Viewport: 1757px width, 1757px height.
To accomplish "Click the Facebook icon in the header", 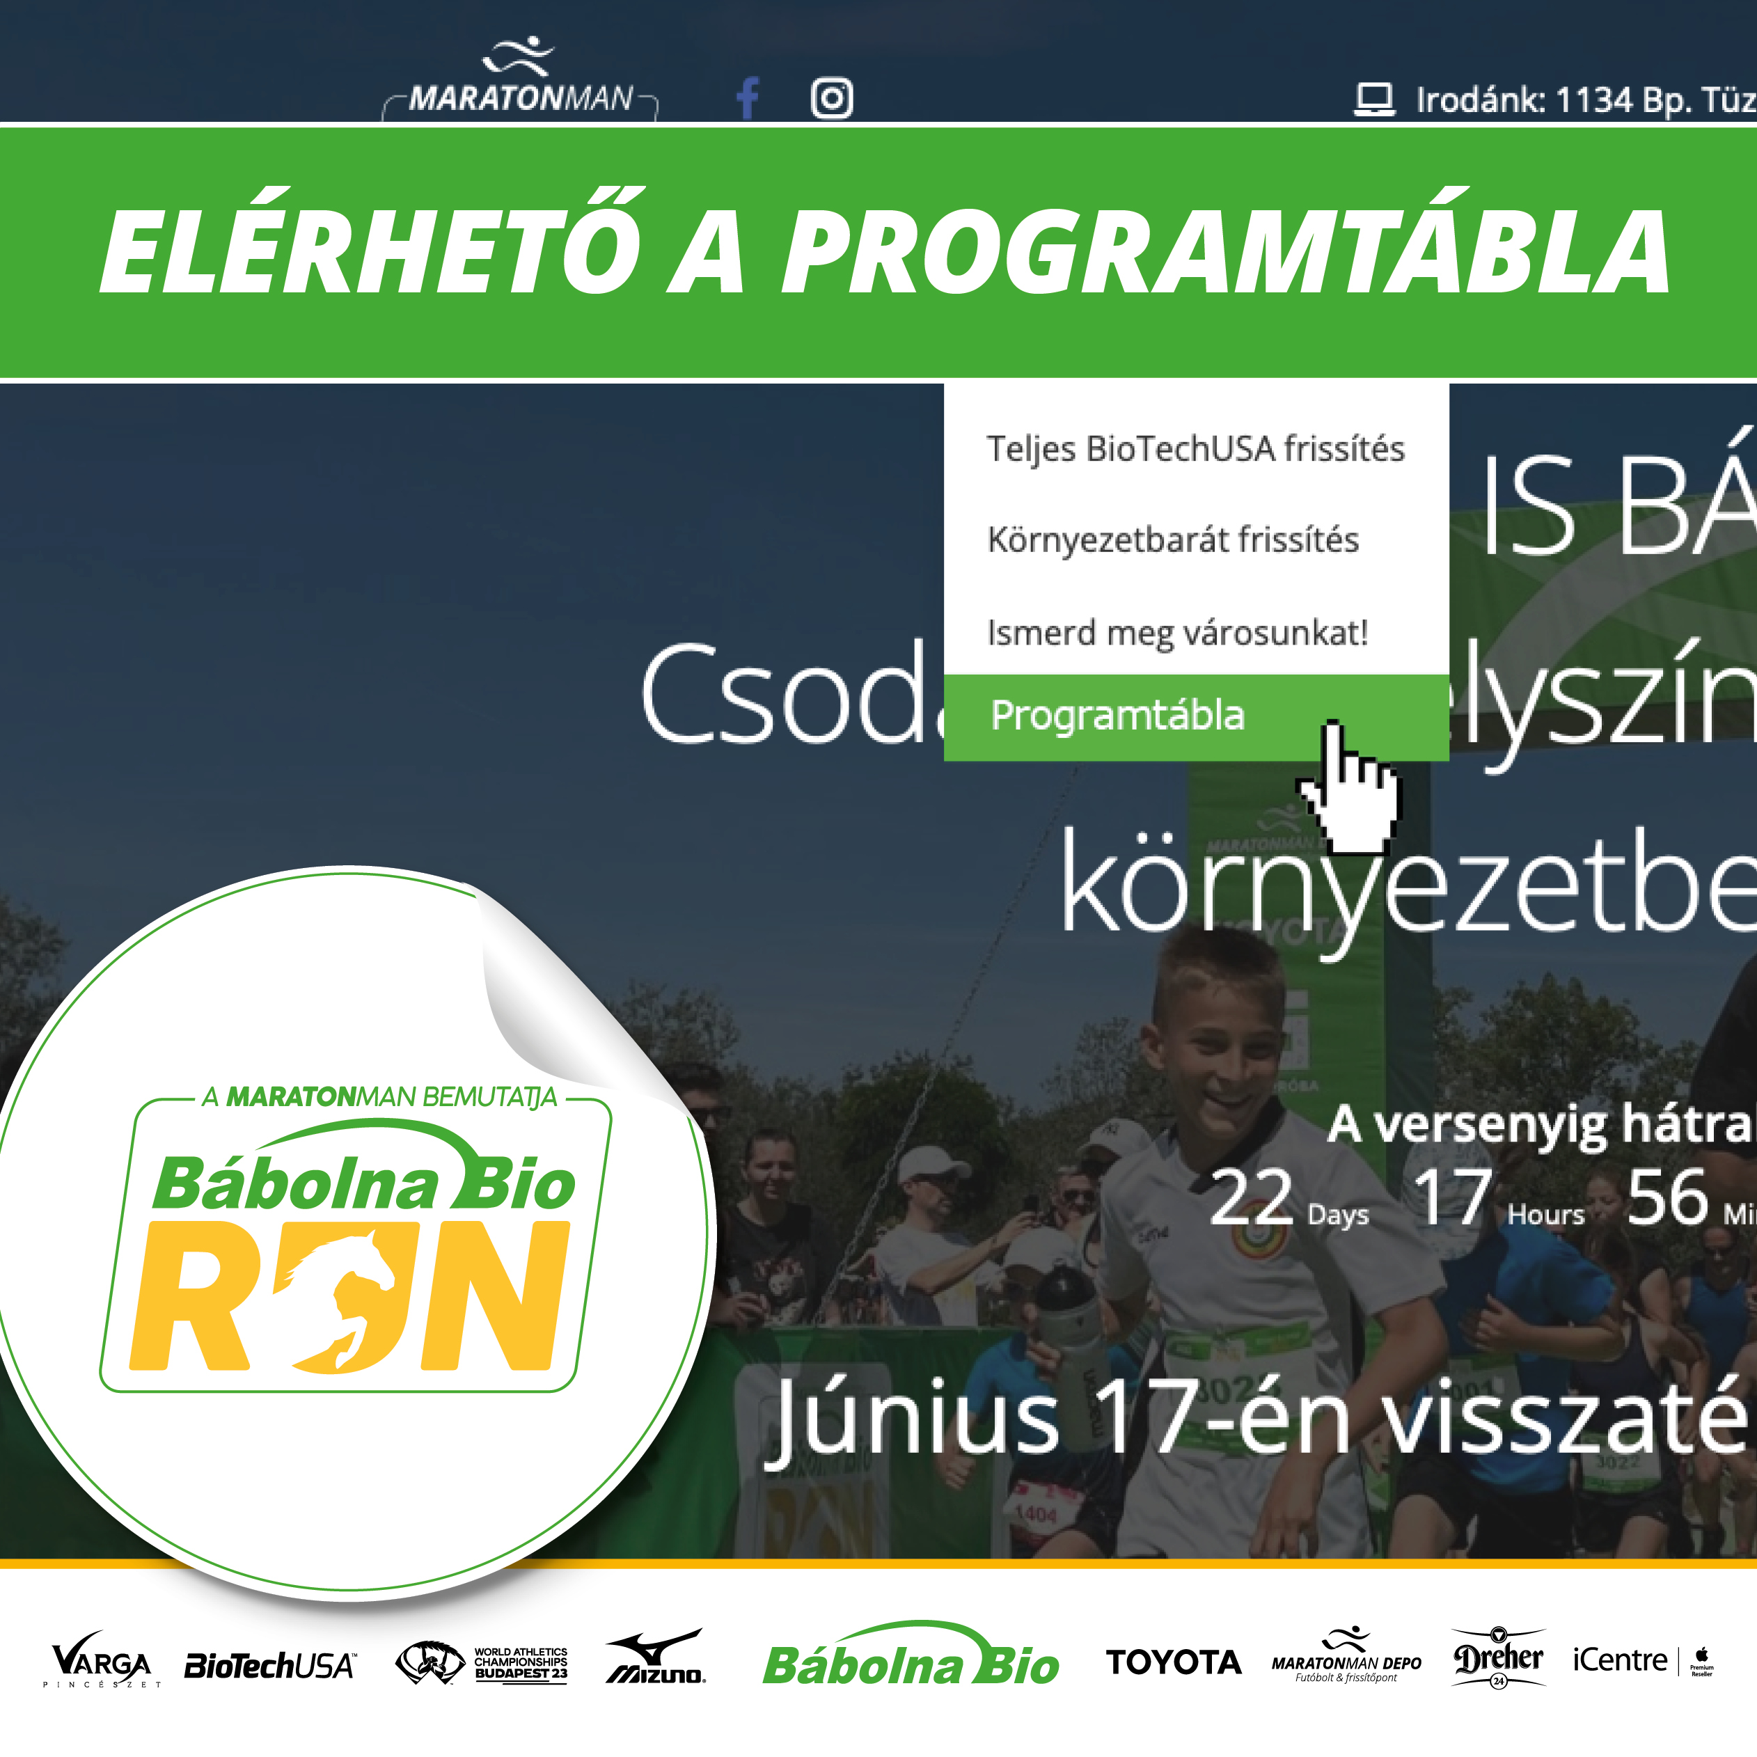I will click(x=748, y=98).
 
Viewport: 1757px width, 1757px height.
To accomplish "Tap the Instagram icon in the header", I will click(x=831, y=98).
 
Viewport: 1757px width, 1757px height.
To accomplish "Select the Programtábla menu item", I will click(x=1117, y=716).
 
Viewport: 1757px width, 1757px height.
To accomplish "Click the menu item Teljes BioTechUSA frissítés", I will click(x=1195, y=449).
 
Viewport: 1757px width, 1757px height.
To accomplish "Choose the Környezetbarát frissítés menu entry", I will click(x=1172, y=540).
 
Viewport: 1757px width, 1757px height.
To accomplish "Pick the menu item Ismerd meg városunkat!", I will click(x=1177, y=632).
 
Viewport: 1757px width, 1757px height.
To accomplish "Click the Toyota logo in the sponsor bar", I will click(x=1173, y=1662).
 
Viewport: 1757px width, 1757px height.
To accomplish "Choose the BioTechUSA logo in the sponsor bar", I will click(x=269, y=1666).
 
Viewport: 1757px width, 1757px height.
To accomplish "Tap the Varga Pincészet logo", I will click(x=101, y=1661).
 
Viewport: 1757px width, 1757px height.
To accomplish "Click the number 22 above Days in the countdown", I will click(x=1252, y=1198).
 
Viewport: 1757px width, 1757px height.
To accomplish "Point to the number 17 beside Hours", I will click(x=1452, y=1198).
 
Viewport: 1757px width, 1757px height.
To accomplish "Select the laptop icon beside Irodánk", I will click(x=1373, y=99).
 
